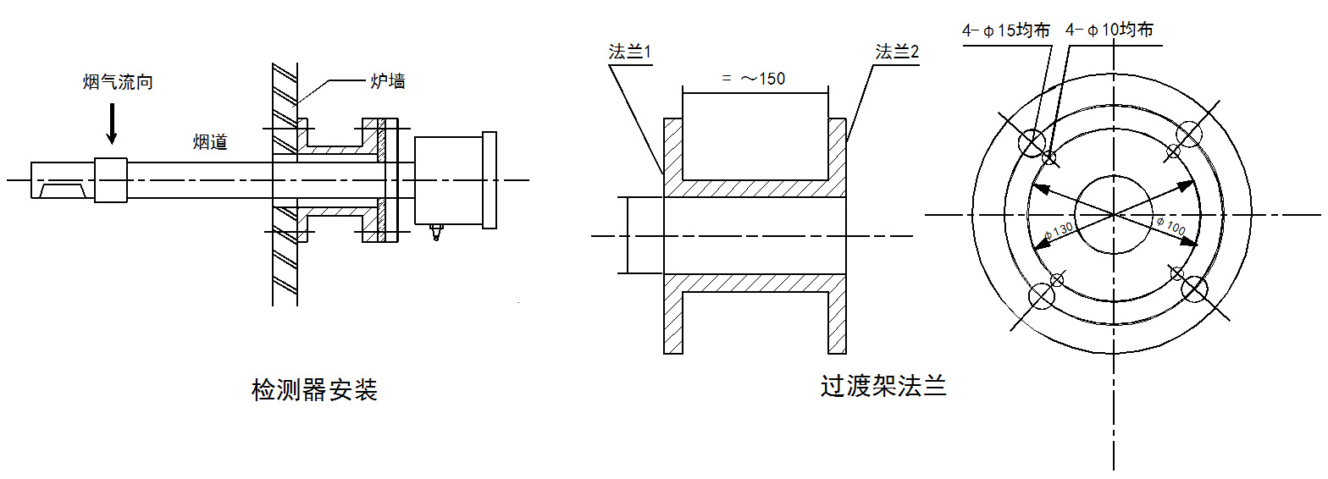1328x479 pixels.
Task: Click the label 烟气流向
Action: tap(118, 82)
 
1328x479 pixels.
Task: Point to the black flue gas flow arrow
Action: tap(112, 124)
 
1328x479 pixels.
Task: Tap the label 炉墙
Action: tap(388, 80)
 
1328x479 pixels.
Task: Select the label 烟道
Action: tap(210, 142)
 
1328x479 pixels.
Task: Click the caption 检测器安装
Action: tap(315, 390)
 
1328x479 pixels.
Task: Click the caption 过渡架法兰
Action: tap(883, 386)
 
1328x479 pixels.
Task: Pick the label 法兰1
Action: tap(629, 52)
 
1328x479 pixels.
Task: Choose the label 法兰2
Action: tap(897, 52)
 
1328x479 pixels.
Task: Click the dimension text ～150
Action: tap(763, 79)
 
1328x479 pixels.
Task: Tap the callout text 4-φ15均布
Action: tap(1006, 30)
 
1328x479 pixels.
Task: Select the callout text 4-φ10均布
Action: tap(1109, 30)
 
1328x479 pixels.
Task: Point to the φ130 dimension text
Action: tap(1058, 232)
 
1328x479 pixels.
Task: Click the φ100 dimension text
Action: tap(1170, 225)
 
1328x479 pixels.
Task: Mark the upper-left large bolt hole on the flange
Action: tap(1032, 143)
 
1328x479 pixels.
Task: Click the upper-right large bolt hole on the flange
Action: tap(1189, 135)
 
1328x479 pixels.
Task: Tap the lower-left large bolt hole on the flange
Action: tap(1042, 295)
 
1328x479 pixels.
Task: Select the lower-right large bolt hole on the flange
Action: tap(1194, 289)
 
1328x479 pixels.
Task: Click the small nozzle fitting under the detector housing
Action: tap(437, 232)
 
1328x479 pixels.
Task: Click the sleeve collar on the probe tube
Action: tap(111, 180)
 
